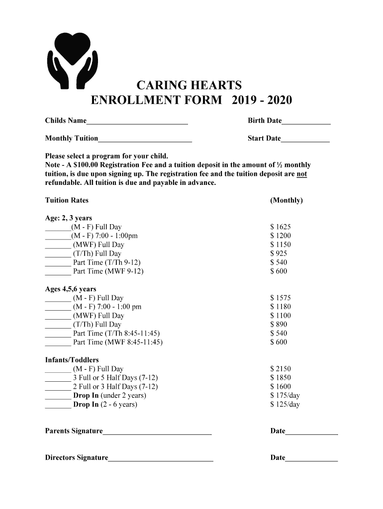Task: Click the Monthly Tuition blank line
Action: point(145,140)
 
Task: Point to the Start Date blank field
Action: point(305,140)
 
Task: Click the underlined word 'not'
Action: point(301,174)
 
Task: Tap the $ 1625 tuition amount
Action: point(281,227)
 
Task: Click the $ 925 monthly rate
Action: point(279,254)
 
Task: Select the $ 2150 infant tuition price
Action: point(281,369)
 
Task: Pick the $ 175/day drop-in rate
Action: point(285,396)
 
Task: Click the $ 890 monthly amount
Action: point(279,325)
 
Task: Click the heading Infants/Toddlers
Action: point(72,360)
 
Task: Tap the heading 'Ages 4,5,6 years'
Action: point(71,289)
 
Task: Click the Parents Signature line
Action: point(157,432)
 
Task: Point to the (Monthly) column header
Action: point(286,200)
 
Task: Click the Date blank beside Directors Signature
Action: point(311,459)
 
